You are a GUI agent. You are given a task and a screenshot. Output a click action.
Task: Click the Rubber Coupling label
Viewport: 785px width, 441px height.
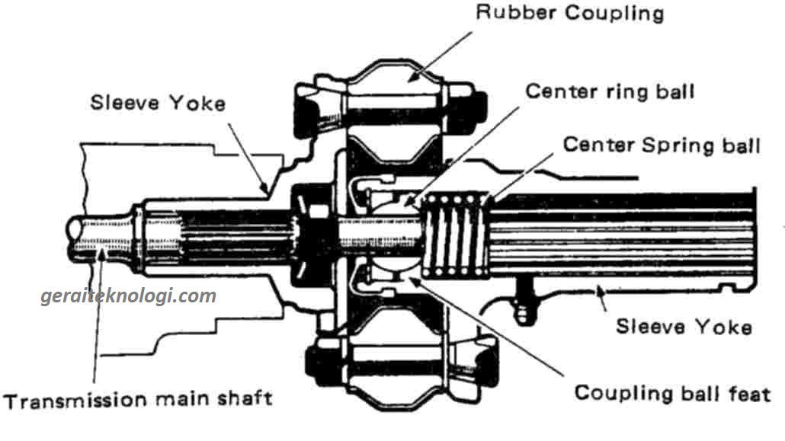click(569, 14)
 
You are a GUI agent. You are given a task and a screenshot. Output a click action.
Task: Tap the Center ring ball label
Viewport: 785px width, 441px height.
click(610, 92)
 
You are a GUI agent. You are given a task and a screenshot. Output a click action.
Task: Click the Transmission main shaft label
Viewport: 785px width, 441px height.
click(138, 399)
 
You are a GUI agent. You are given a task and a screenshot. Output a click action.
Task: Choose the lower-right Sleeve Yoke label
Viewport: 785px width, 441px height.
click(684, 327)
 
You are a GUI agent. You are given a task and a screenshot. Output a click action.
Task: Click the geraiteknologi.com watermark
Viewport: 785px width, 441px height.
click(128, 296)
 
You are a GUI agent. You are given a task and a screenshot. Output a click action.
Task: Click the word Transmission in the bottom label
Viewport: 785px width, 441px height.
click(62, 399)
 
